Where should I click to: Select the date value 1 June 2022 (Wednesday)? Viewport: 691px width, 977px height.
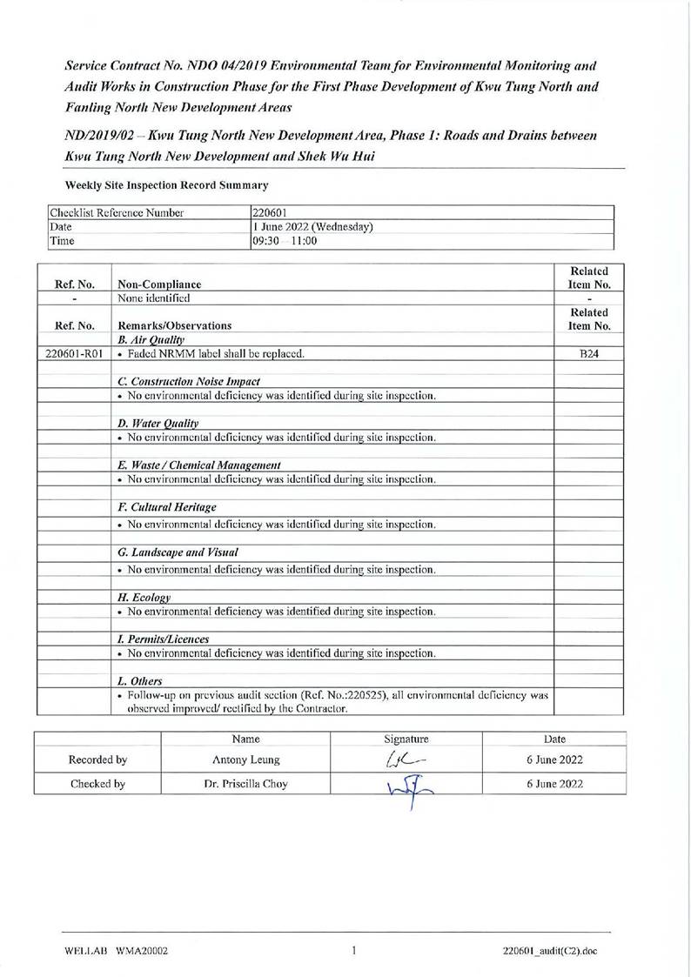tap(312, 227)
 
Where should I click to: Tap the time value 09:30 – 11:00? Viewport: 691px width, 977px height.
tap(284, 241)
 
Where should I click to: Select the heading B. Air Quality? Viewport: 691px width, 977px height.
tap(151, 339)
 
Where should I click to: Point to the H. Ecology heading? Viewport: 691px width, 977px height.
tap(144, 597)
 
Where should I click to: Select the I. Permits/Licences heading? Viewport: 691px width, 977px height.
tap(164, 639)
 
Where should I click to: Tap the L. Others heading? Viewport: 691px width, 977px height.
tap(139, 680)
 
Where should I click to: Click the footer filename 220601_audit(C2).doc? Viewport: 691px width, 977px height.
tap(549, 951)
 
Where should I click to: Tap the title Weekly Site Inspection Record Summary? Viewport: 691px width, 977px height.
tap(166, 185)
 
